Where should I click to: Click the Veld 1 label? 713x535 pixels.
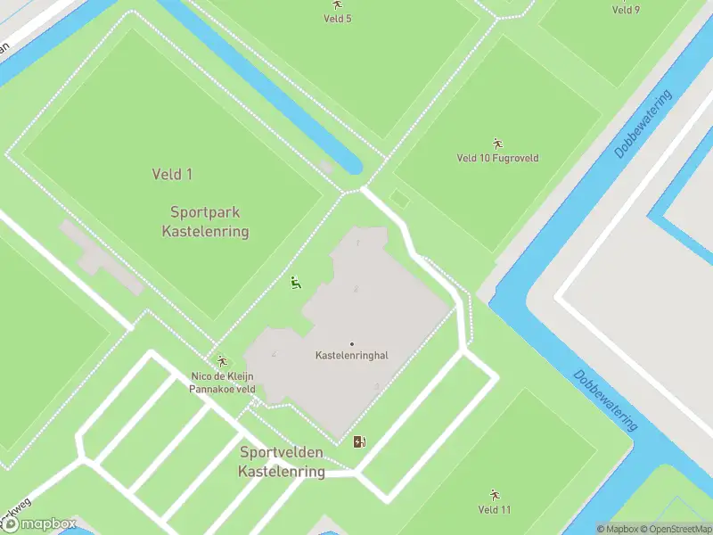[172, 175]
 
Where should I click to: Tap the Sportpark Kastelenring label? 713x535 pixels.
[205, 222]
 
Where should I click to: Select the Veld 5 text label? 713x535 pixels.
[337, 19]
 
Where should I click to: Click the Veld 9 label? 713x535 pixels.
[626, 11]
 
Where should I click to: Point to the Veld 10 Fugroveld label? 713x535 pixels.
[497, 159]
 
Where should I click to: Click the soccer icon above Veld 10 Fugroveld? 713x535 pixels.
[497, 143]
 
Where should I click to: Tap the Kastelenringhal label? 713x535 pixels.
[352, 356]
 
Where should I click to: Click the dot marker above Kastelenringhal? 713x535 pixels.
[352, 344]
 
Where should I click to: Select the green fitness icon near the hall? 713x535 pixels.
[296, 284]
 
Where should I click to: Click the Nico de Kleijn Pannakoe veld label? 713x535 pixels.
[223, 383]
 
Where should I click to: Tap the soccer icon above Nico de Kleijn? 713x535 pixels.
[222, 361]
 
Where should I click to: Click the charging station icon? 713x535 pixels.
[359, 440]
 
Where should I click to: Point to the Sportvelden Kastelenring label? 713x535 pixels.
[282, 462]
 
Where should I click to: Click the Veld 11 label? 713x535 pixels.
[495, 510]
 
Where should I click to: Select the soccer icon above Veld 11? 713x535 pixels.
[495, 494]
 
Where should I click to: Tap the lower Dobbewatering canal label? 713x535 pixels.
[605, 400]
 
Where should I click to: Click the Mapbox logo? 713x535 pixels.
[39, 524]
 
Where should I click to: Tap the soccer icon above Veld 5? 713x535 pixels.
[337, 5]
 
